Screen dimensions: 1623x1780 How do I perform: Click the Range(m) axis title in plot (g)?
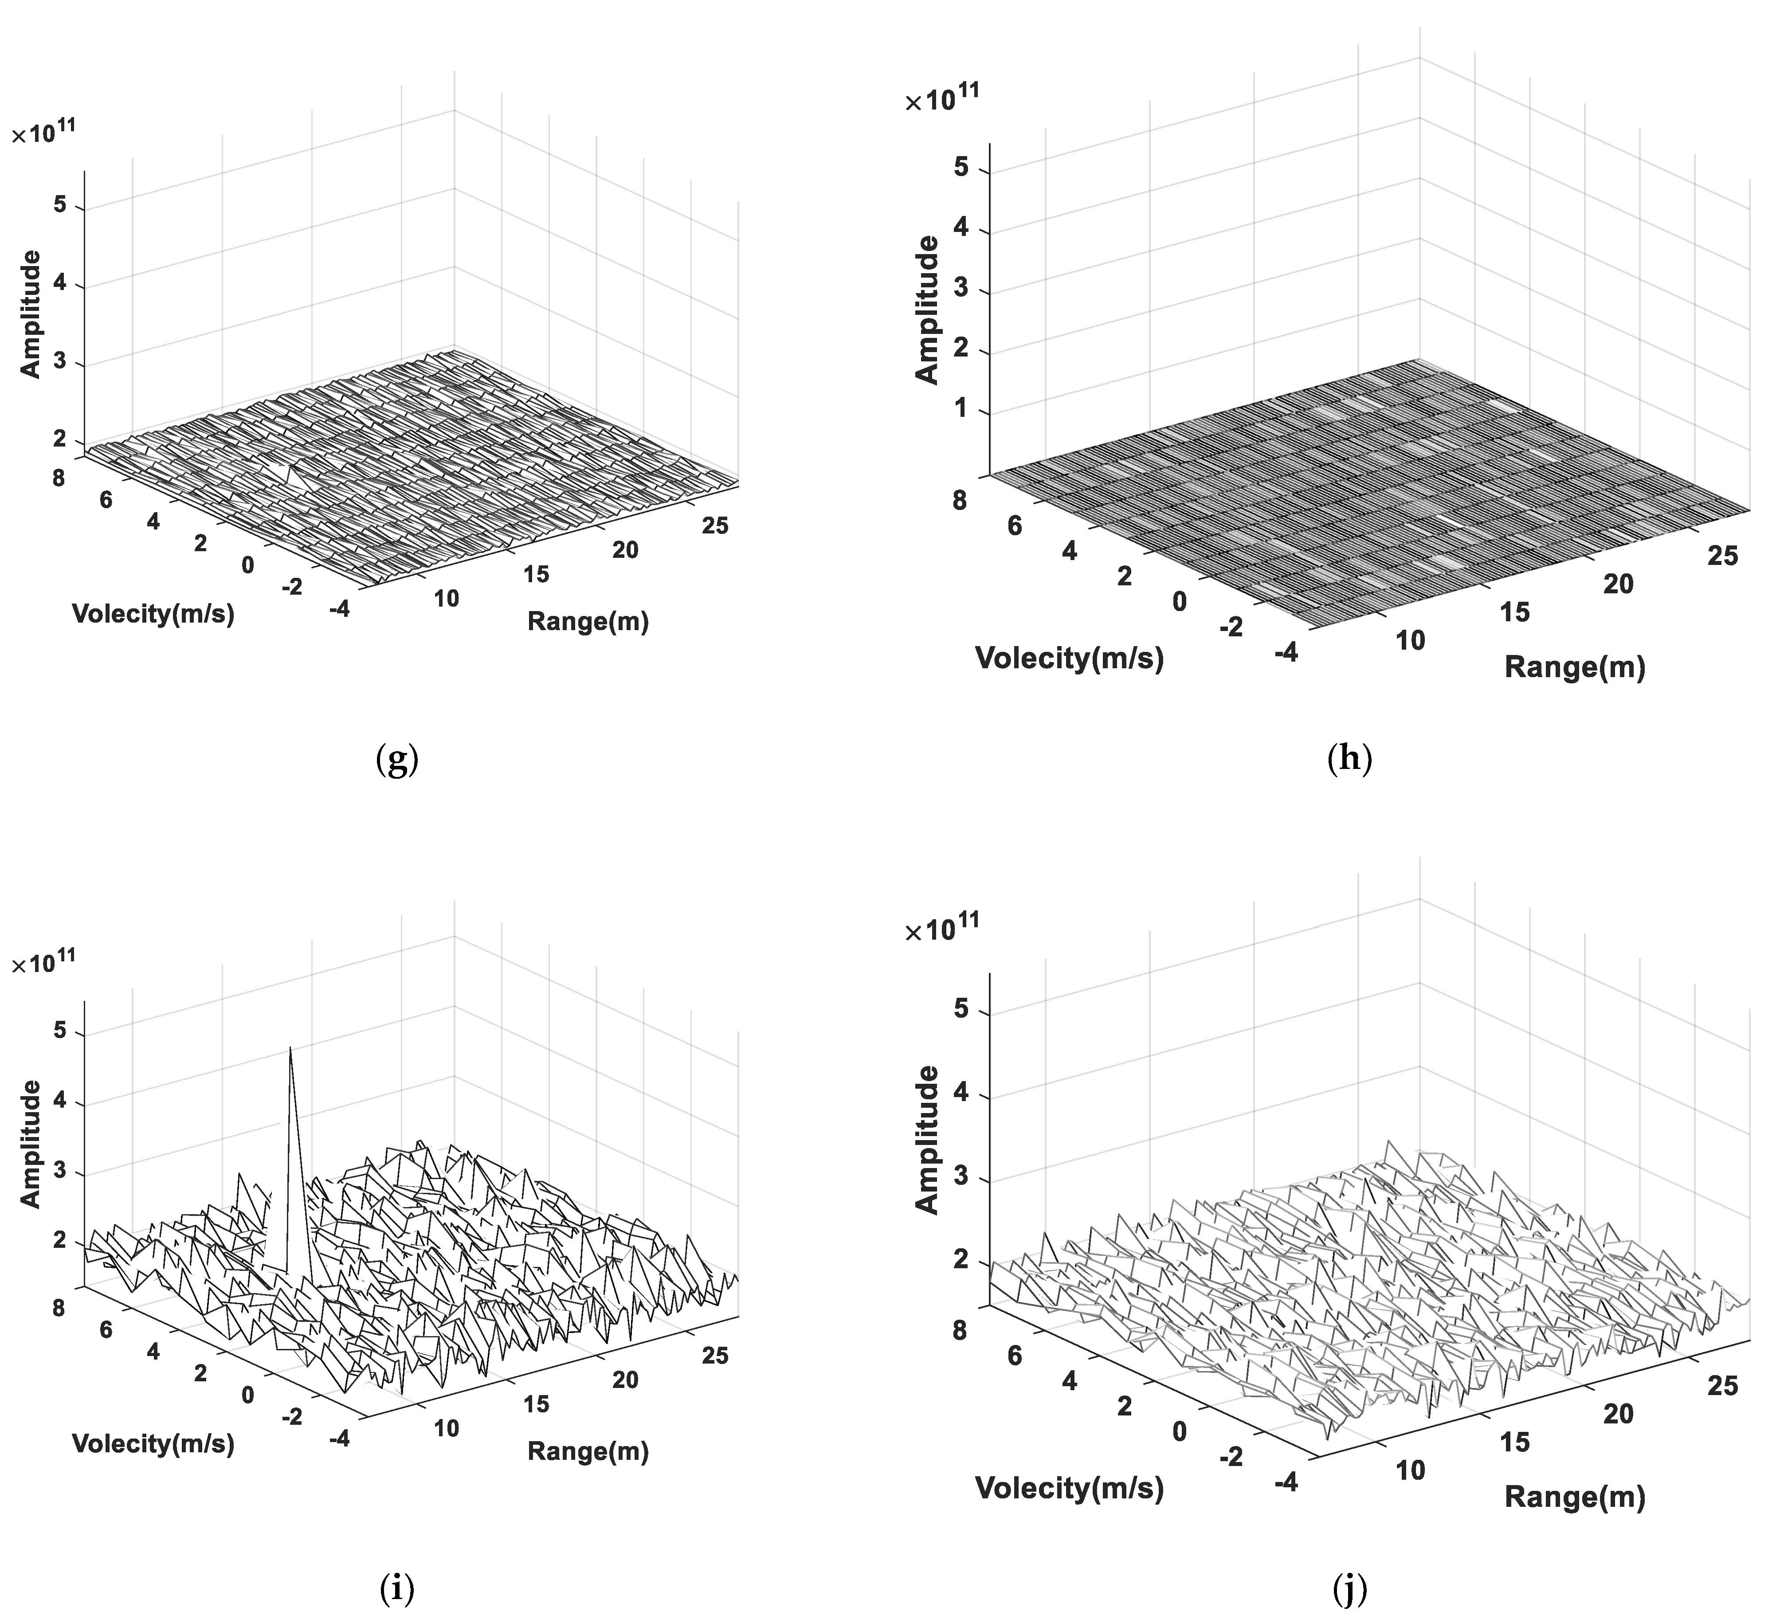click(x=588, y=623)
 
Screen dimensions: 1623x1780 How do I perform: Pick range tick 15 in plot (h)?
click(x=1515, y=612)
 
